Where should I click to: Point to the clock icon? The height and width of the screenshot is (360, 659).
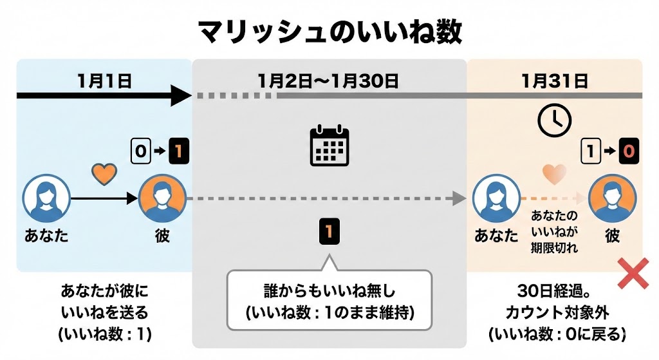pyautogui.click(x=555, y=120)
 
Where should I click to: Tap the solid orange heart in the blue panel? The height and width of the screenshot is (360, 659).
pyautogui.click(x=104, y=173)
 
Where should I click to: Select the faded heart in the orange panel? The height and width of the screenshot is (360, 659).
pyautogui.click(x=554, y=174)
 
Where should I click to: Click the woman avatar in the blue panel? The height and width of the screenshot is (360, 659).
pyautogui.click(x=46, y=198)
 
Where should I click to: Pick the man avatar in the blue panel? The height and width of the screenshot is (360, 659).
pyautogui.click(x=162, y=198)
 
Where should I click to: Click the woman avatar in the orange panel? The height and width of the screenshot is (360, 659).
pyautogui.click(x=496, y=198)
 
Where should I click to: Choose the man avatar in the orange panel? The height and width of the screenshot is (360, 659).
pyautogui.click(x=612, y=198)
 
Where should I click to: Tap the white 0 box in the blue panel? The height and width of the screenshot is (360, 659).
pyautogui.click(x=140, y=152)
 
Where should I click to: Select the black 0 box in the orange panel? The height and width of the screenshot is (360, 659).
pyautogui.click(x=629, y=152)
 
